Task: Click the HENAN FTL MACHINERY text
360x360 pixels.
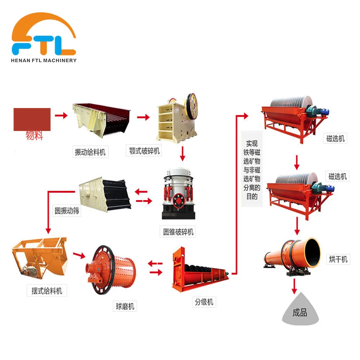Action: [44, 60]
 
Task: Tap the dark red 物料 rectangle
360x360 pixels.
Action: [32, 119]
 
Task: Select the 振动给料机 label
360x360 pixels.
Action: [90, 152]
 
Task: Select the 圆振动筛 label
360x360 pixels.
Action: [67, 211]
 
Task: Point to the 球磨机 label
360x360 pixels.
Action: [125, 306]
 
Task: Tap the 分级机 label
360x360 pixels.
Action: [204, 302]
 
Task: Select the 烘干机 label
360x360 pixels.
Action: [338, 259]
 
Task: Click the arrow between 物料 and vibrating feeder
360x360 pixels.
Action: [61, 116]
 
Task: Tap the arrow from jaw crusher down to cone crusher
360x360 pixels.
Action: [183, 153]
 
